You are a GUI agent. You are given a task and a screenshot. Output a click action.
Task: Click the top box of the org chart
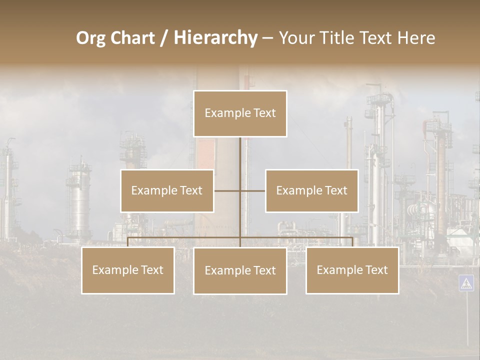click(240, 113)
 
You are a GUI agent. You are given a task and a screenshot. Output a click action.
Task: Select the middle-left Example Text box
click(167, 191)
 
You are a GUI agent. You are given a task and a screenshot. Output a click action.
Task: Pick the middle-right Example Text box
click(311, 191)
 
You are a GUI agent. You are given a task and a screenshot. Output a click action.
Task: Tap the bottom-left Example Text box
click(128, 270)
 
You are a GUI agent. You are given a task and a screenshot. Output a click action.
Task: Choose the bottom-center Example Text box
click(240, 270)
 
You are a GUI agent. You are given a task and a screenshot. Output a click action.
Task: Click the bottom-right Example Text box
click(352, 270)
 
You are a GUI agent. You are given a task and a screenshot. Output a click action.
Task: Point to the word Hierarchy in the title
click(215, 38)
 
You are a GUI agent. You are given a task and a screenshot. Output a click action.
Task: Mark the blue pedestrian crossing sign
click(466, 283)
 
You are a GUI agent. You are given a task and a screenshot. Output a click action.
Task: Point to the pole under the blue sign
click(467, 320)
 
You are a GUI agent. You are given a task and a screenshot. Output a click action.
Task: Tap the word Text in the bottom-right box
click(376, 270)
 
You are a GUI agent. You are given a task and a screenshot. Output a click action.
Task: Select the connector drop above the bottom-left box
click(128, 242)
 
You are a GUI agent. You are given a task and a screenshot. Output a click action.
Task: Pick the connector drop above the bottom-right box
click(352, 242)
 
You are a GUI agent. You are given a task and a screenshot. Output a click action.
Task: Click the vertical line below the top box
click(240, 155)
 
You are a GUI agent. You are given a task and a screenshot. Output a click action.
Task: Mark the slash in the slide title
click(164, 38)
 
